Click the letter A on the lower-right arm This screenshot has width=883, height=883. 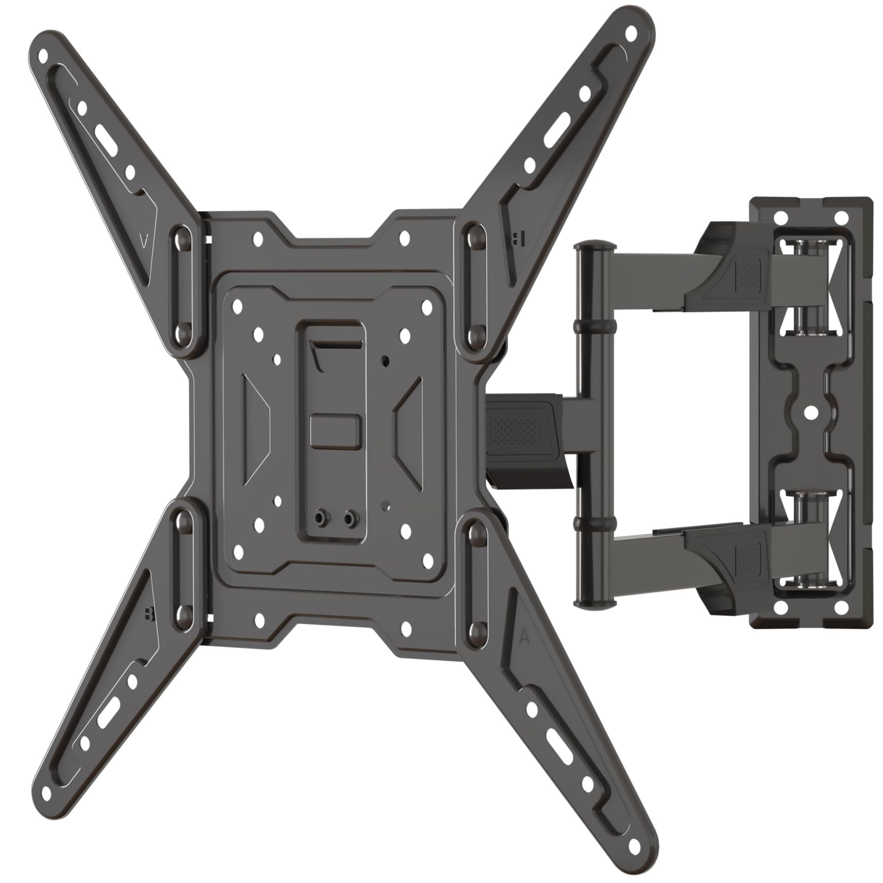[x=525, y=637]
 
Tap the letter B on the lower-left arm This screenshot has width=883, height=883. [x=147, y=614]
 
